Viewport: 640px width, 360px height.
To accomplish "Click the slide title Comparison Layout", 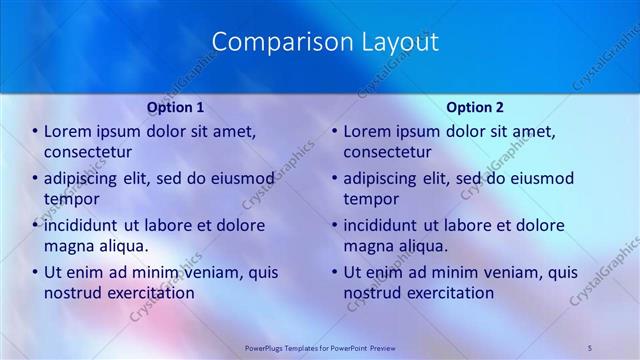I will (326, 42).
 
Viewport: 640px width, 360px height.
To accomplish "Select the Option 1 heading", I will (176, 107).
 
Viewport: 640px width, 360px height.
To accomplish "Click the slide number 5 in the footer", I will (590, 347).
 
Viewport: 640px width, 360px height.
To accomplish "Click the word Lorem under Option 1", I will (68, 131).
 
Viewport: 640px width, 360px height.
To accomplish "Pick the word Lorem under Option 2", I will (368, 131).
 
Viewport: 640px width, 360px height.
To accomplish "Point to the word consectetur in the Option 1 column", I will (88, 152).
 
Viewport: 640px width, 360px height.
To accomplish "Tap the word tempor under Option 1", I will (69, 199).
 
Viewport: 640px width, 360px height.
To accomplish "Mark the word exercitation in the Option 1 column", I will (151, 293).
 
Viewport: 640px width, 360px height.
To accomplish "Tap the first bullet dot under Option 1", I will (35, 132).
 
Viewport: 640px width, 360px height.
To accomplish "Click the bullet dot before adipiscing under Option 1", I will (35, 179).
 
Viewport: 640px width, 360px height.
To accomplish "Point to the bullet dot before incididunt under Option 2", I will (335, 226).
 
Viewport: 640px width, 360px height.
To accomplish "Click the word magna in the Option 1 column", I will (69, 246).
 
